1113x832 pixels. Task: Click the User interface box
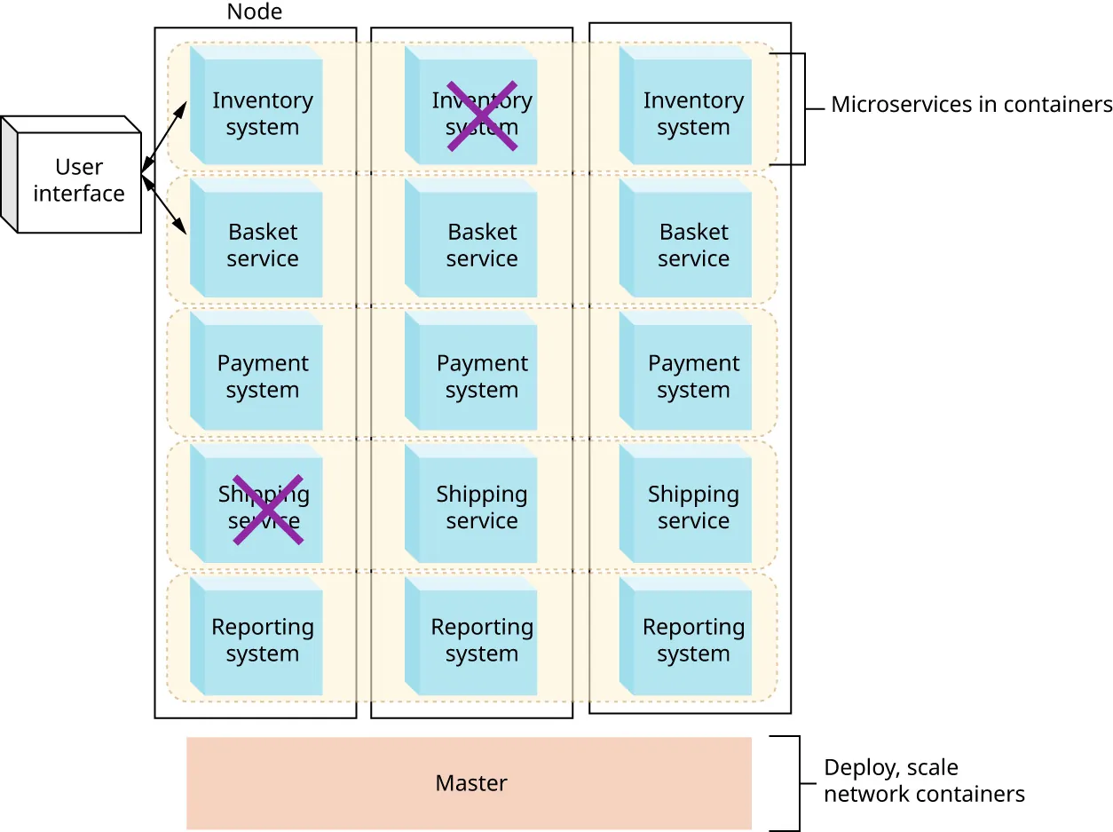click(x=78, y=180)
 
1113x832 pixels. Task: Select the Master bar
click(x=469, y=782)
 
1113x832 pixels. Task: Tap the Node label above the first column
click(x=255, y=12)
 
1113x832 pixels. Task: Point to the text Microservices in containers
click(x=971, y=105)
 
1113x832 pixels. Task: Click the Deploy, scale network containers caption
click(x=923, y=780)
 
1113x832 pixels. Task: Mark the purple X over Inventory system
click(x=482, y=115)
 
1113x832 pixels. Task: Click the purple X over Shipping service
click(x=267, y=509)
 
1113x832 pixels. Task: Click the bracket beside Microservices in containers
click(x=802, y=108)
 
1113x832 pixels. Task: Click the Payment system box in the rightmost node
click(x=692, y=376)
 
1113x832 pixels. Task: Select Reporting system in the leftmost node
click(x=262, y=640)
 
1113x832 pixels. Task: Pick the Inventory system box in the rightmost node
click(x=692, y=113)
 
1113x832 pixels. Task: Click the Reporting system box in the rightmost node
click(x=692, y=640)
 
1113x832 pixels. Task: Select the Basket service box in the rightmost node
click(x=692, y=244)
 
